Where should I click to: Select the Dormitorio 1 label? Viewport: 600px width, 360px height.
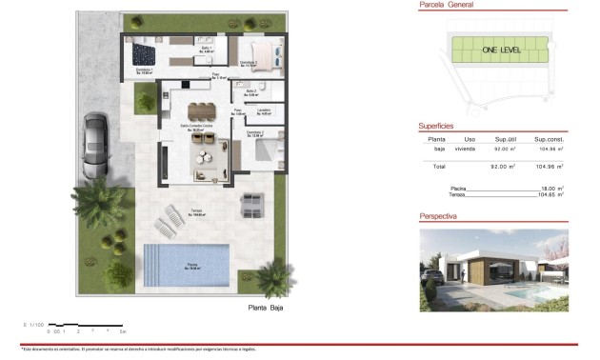(144, 71)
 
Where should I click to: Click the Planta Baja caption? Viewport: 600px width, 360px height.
(266, 308)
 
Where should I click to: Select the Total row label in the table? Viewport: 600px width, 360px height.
(439, 167)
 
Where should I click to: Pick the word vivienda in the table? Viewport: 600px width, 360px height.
(465, 150)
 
